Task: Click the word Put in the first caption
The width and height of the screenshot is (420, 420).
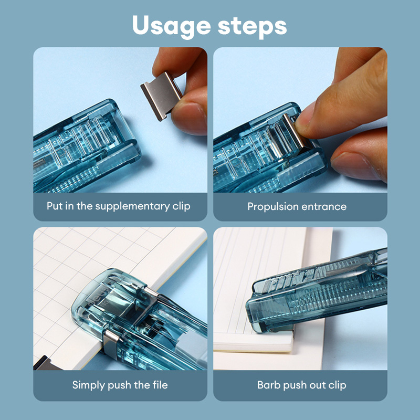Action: (55, 206)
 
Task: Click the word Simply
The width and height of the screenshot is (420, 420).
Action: (89, 385)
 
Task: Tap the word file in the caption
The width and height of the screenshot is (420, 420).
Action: (159, 385)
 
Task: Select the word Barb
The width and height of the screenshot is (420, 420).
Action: (268, 385)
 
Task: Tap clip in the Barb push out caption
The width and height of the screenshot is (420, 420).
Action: (336, 385)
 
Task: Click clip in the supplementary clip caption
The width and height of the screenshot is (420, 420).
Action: (180, 206)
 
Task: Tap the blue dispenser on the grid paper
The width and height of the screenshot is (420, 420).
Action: (131, 325)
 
